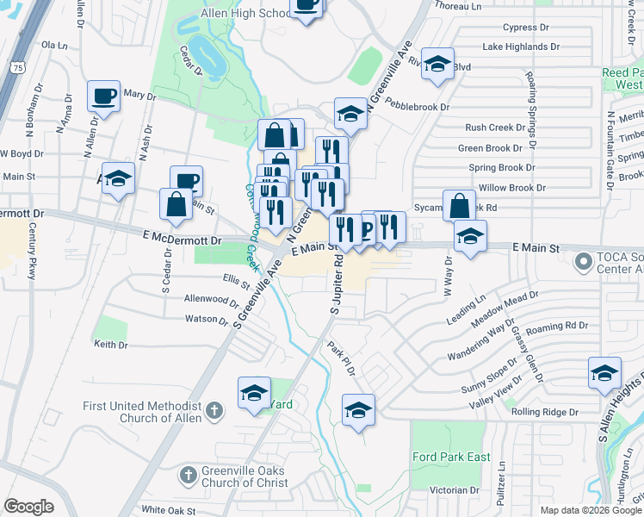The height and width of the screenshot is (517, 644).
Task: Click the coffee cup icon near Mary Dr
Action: (x=103, y=96)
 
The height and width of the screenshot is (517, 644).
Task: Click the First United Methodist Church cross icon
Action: (x=219, y=411)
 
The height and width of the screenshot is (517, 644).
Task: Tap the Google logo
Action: (x=28, y=507)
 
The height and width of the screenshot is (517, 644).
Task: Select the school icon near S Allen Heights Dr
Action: (x=604, y=373)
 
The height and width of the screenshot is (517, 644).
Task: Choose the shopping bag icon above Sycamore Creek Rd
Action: (x=459, y=206)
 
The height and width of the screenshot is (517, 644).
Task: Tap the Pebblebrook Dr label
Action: (x=418, y=107)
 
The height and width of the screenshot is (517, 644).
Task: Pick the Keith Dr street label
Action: (x=110, y=345)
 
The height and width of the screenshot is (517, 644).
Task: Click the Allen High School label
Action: (x=245, y=13)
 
